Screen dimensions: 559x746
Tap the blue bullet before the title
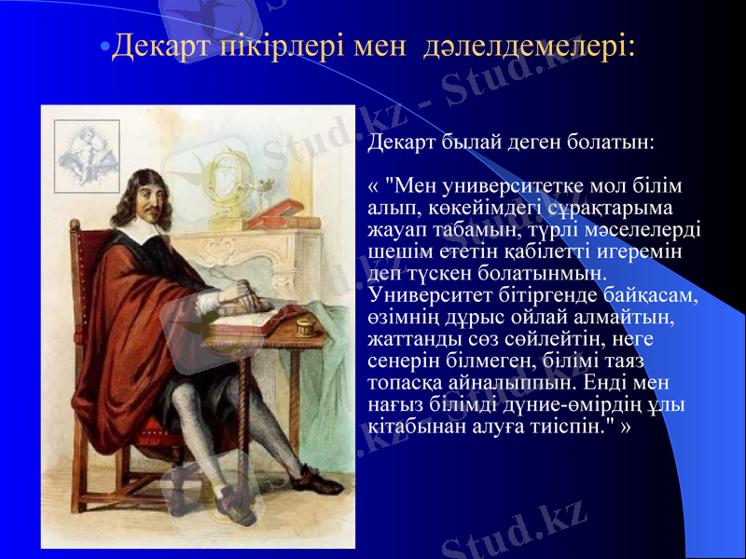[104, 47]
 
